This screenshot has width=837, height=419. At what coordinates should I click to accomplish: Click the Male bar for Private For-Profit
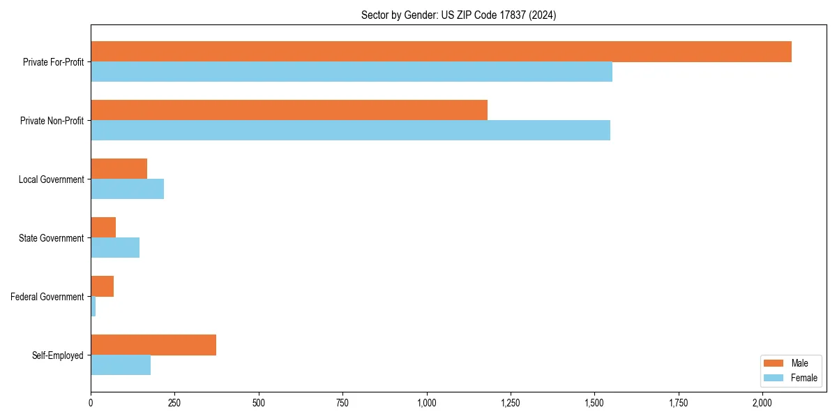[x=441, y=52]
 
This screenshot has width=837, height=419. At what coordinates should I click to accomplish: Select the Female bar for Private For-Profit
[x=352, y=72]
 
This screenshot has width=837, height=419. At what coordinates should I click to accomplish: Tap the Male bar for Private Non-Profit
[x=289, y=110]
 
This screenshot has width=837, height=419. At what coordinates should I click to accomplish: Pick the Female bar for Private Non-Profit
[x=350, y=131]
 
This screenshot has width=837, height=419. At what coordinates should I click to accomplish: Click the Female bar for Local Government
[x=127, y=189]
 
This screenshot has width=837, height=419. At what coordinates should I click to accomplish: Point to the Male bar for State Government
[x=103, y=228]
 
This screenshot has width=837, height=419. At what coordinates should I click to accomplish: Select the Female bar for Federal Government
[x=93, y=307]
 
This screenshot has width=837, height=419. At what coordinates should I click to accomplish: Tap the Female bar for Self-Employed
[x=121, y=365]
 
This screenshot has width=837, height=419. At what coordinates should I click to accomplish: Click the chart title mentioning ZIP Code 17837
[x=458, y=15]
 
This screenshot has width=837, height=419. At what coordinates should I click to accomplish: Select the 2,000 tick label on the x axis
[x=762, y=403]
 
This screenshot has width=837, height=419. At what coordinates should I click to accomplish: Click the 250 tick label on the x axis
[x=174, y=403]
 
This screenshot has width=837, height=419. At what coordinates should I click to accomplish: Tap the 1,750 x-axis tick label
[x=679, y=403]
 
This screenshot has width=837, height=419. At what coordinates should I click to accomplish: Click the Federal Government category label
[x=47, y=297]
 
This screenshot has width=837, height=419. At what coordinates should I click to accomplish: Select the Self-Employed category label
[x=58, y=355]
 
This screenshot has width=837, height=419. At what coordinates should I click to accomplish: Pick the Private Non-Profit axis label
[x=52, y=121]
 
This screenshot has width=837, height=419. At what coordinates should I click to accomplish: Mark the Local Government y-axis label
[x=51, y=179]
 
